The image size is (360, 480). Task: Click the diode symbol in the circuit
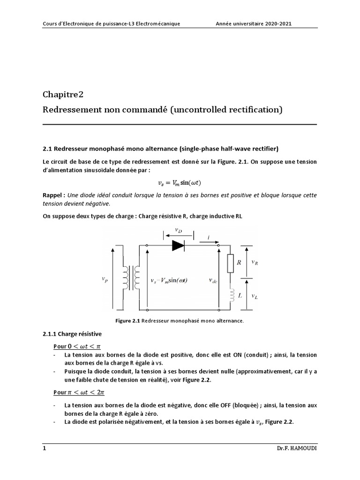click(x=178, y=244)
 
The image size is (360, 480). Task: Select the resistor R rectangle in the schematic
click(x=230, y=263)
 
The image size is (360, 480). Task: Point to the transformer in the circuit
click(x=130, y=278)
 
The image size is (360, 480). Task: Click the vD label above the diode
click(x=179, y=230)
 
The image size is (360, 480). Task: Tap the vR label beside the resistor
click(x=255, y=263)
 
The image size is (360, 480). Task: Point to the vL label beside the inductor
click(x=254, y=296)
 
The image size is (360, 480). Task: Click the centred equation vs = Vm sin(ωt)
click(x=180, y=183)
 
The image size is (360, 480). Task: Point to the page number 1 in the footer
click(x=45, y=449)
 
